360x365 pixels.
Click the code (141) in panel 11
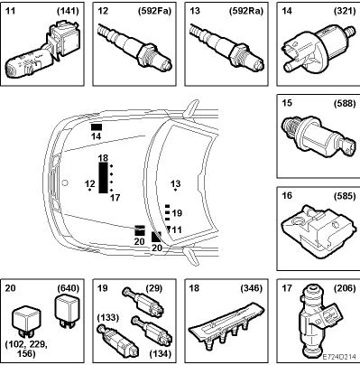[68, 11]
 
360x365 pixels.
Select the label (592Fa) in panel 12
[154, 11]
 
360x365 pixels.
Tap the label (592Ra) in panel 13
[246, 11]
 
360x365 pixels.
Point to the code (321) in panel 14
[345, 11]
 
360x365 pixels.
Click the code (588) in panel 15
[345, 103]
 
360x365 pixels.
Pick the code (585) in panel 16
[345, 196]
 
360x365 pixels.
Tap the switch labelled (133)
[117, 340]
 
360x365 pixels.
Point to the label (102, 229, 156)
[26, 349]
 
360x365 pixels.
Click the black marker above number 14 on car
[97, 126]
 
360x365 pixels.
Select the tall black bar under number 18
[103, 178]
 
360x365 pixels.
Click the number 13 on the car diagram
[176, 183]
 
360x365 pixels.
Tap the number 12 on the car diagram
[90, 183]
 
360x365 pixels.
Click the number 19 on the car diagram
[177, 213]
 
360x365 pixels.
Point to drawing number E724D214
[339, 357]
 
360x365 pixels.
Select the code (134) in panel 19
[161, 353]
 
